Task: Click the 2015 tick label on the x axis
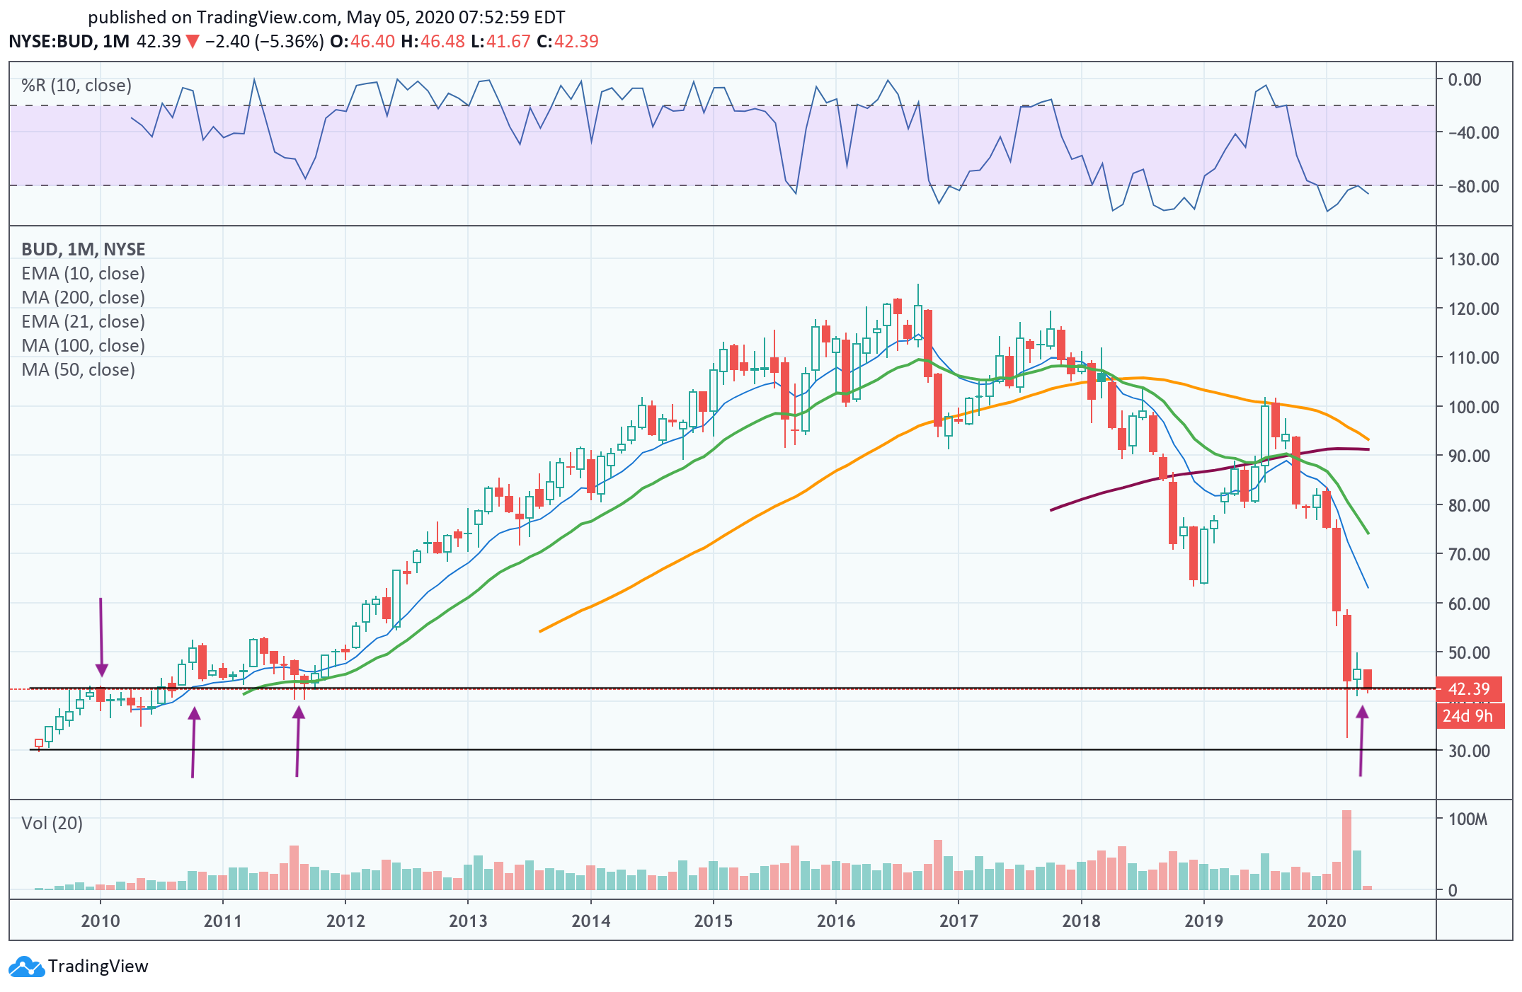click(713, 921)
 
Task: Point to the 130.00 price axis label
click(1473, 259)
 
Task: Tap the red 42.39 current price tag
click(1468, 688)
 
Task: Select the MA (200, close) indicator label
click(83, 297)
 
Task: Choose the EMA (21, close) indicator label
click(83, 321)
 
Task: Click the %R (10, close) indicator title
click(76, 86)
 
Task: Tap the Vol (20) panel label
click(52, 823)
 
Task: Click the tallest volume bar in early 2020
click(1346, 849)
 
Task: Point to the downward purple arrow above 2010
click(101, 637)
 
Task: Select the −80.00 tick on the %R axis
click(1472, 186)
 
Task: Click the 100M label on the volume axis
click(1467, 819)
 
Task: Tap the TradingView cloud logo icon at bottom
click(26, 967)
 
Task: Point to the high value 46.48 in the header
click(442, 41)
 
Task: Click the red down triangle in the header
click(192, 42)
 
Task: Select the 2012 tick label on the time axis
click(345, 921)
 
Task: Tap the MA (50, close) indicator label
click(78, 369)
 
